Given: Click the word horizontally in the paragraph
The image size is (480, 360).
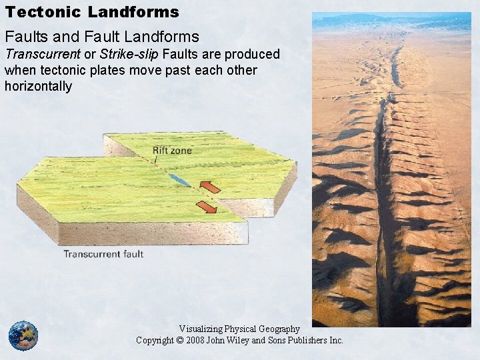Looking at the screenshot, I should [38, 86].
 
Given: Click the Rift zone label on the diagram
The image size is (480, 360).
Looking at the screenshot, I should [171, 151].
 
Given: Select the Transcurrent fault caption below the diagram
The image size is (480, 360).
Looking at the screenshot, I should [103, 254].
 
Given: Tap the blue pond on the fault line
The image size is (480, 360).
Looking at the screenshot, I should [179, 180].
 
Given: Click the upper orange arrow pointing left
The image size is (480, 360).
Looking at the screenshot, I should [211, 187].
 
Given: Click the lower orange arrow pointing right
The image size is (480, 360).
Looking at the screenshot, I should [207, 207].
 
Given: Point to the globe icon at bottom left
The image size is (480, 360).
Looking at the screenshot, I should [23, 336].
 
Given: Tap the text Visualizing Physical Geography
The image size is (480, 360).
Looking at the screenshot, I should [239, 329].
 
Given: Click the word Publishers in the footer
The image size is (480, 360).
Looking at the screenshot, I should [305, 340].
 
